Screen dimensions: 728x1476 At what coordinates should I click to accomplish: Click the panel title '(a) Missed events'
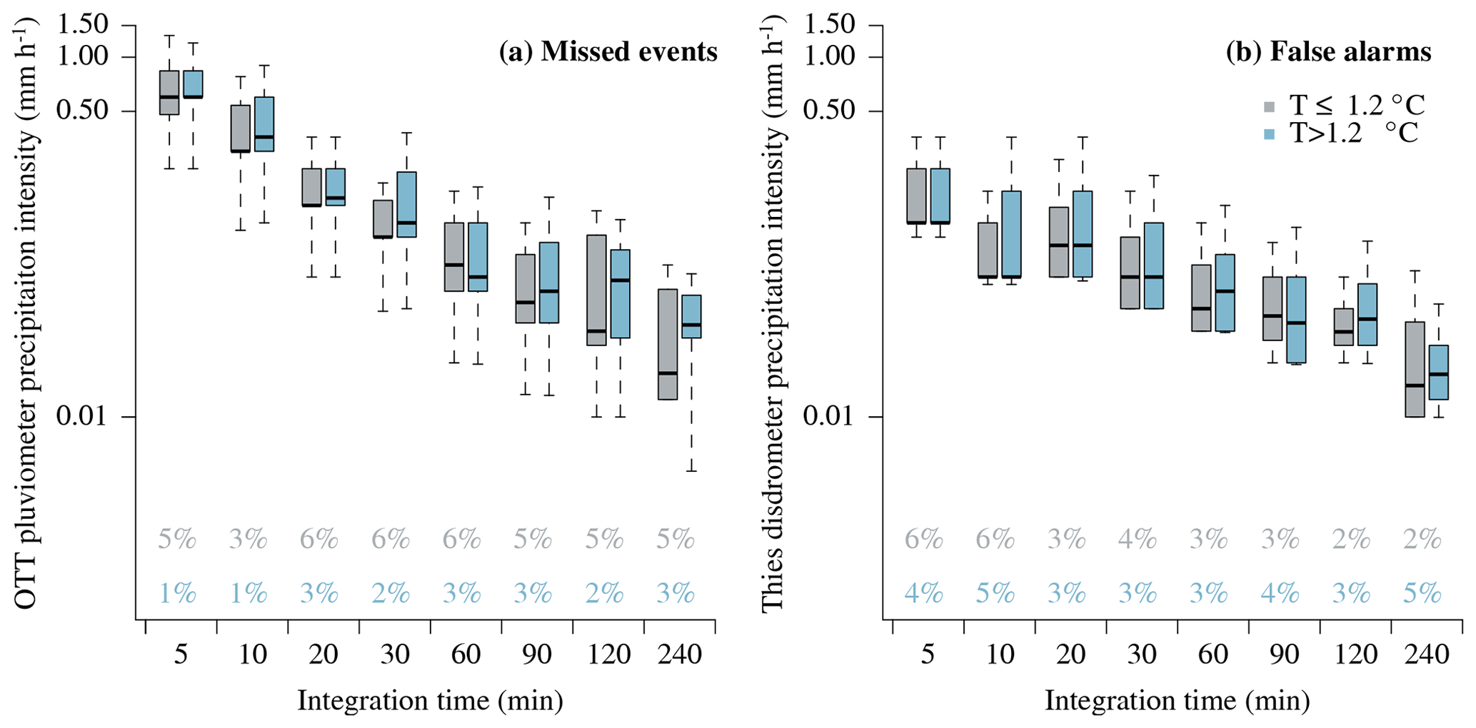pyautogui.click(x=608, y=52)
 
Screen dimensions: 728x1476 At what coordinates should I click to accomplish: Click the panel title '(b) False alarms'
pyautogui.click(x=1328, y=52)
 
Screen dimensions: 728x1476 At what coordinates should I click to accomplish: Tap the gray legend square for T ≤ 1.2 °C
pyautogui.click(x=1269, y=107)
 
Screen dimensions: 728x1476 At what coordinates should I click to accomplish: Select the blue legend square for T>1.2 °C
pyautogui.click(x=1269, y=133)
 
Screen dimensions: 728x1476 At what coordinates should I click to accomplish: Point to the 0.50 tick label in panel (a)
pyautogui.click(x=84, y=111)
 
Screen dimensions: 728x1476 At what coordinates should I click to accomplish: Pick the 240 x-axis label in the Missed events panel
pyautogui.click(x=679, y=654)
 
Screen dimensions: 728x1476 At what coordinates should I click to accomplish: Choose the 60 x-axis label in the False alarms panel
pyautogui.click(x=1213, y=654)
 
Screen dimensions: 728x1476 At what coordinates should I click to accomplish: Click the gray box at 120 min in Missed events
pyautogui.click(x=596, y=290)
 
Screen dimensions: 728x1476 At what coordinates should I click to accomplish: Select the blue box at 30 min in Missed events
pyautogui.click(x=406, y=204)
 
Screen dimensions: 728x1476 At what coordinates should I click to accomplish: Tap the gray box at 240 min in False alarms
pyautogui.click(x=1415, y=369)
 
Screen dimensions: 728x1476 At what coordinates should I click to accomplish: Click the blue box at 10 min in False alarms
pyautogui.click(x=1011, y=234)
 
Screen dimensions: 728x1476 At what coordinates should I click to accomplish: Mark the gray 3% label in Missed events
pyautogui.click(x=248, y=540)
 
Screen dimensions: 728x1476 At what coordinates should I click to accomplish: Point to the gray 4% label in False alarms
pyautogui.click(x=1138, y=540)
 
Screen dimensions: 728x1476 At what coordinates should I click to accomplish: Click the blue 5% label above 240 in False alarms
pyautogui.click(x=1422, y=594)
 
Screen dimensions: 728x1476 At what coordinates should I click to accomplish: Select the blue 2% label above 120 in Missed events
pyautogui.click(x=604, y=594)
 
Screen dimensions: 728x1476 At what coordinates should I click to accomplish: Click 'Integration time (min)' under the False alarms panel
pyautogui.click(x=1177, y=701)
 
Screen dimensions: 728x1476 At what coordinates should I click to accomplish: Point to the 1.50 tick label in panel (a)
pyautogui.click(x=84, y=25)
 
